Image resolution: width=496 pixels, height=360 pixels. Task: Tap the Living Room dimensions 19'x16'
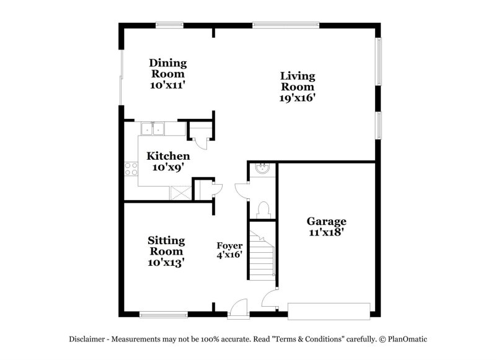[297, 98]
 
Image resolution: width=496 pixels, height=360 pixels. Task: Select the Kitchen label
[168, 156]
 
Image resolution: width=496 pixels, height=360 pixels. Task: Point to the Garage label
[326, 221]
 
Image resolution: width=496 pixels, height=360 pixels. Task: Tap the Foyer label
[229, 245]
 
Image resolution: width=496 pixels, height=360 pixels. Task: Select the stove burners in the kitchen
[130, 169]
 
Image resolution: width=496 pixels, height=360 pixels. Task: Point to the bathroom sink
[262, 169]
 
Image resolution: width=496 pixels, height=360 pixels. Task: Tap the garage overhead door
[329, 310]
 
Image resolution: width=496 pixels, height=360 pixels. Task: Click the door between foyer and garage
[270, 300]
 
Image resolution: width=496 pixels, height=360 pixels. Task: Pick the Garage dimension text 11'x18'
[326, 232]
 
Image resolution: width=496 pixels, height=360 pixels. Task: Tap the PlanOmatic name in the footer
[409, 340]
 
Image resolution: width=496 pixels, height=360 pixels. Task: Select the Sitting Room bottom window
[163, 314]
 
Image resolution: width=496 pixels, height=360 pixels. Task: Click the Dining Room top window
[169, 25]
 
